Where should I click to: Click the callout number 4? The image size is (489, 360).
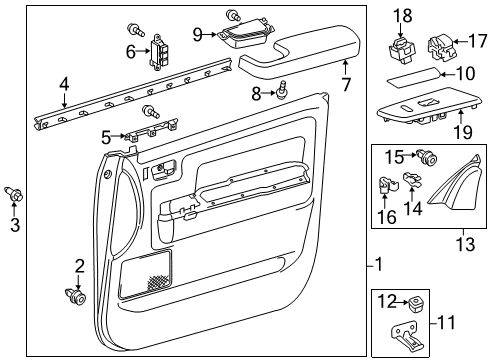(x=64, y=86)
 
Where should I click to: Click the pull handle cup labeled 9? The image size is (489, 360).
(x=243, y=37)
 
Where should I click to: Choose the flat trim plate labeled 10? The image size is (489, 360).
(x=408, y=77)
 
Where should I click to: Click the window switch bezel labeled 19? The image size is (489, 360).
(x=420, y=110)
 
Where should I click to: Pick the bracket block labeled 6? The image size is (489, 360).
(x=159, y=50)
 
